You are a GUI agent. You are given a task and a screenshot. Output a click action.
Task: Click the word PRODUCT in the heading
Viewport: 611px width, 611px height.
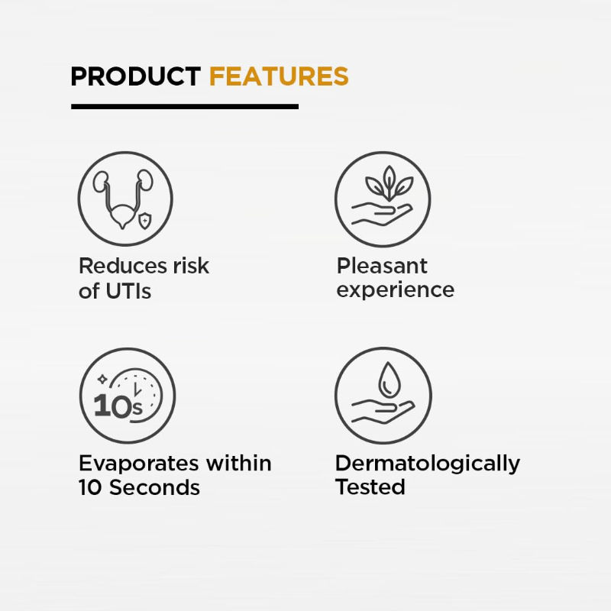tap(135, 76)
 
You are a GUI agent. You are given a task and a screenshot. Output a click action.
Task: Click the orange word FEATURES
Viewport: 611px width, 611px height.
tap(279, 76)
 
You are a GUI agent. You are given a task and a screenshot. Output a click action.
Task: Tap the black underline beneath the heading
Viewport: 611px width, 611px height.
tap(184, 106)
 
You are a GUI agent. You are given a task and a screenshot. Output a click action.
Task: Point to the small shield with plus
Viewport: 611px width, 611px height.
tap(144, 221)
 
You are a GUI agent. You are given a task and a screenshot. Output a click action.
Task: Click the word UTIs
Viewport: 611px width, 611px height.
tap(126, 291)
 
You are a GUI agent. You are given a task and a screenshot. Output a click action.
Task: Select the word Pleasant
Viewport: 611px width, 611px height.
tap(382, 266)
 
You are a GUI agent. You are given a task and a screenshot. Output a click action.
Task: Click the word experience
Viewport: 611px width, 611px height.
tap(395, 290)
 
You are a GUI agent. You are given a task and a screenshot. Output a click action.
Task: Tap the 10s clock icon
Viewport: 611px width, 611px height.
tap(128, 396)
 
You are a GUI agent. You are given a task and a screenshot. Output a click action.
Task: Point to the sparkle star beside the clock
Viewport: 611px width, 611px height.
tap(102, 378)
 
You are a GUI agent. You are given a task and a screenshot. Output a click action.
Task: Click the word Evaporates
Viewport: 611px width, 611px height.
tap(139, 463)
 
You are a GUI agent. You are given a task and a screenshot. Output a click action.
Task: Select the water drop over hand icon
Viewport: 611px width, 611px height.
tap(383, 396)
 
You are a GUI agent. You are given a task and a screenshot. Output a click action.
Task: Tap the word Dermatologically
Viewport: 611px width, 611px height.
tap(427, 464)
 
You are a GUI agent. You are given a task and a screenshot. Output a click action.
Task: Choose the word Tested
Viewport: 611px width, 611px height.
tap(370, 487)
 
